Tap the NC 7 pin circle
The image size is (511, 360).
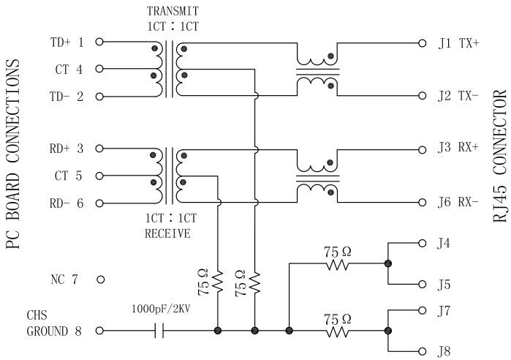[100, 280]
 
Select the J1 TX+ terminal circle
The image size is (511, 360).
[422, 42]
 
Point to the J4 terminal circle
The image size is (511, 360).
[422, 243]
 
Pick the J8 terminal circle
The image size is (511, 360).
[422, 350]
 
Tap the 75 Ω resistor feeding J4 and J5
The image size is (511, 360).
[338, 264]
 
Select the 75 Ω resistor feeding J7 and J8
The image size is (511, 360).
[338, 331]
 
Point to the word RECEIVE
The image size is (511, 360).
[167, 235]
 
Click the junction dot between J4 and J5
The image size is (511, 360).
[387, 264]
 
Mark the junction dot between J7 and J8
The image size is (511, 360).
[387, 331]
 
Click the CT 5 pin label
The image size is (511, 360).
[69, 176]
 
